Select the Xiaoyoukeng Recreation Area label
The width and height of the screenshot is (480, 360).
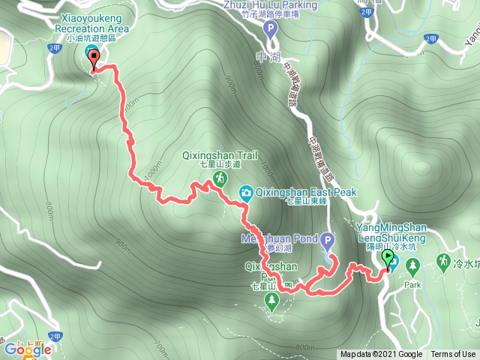coord(92,22)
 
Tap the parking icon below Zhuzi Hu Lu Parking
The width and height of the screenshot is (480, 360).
coord(271,28)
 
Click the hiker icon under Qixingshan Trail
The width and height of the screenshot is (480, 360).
coord(220,178)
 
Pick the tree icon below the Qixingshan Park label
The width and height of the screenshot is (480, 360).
coord(271,301)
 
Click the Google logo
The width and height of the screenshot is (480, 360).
coord(28,349)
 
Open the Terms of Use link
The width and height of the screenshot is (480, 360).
coord(453,355)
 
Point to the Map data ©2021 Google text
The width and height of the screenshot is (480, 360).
coord(381,355)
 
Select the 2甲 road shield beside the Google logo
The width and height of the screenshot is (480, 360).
coord(54,338)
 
